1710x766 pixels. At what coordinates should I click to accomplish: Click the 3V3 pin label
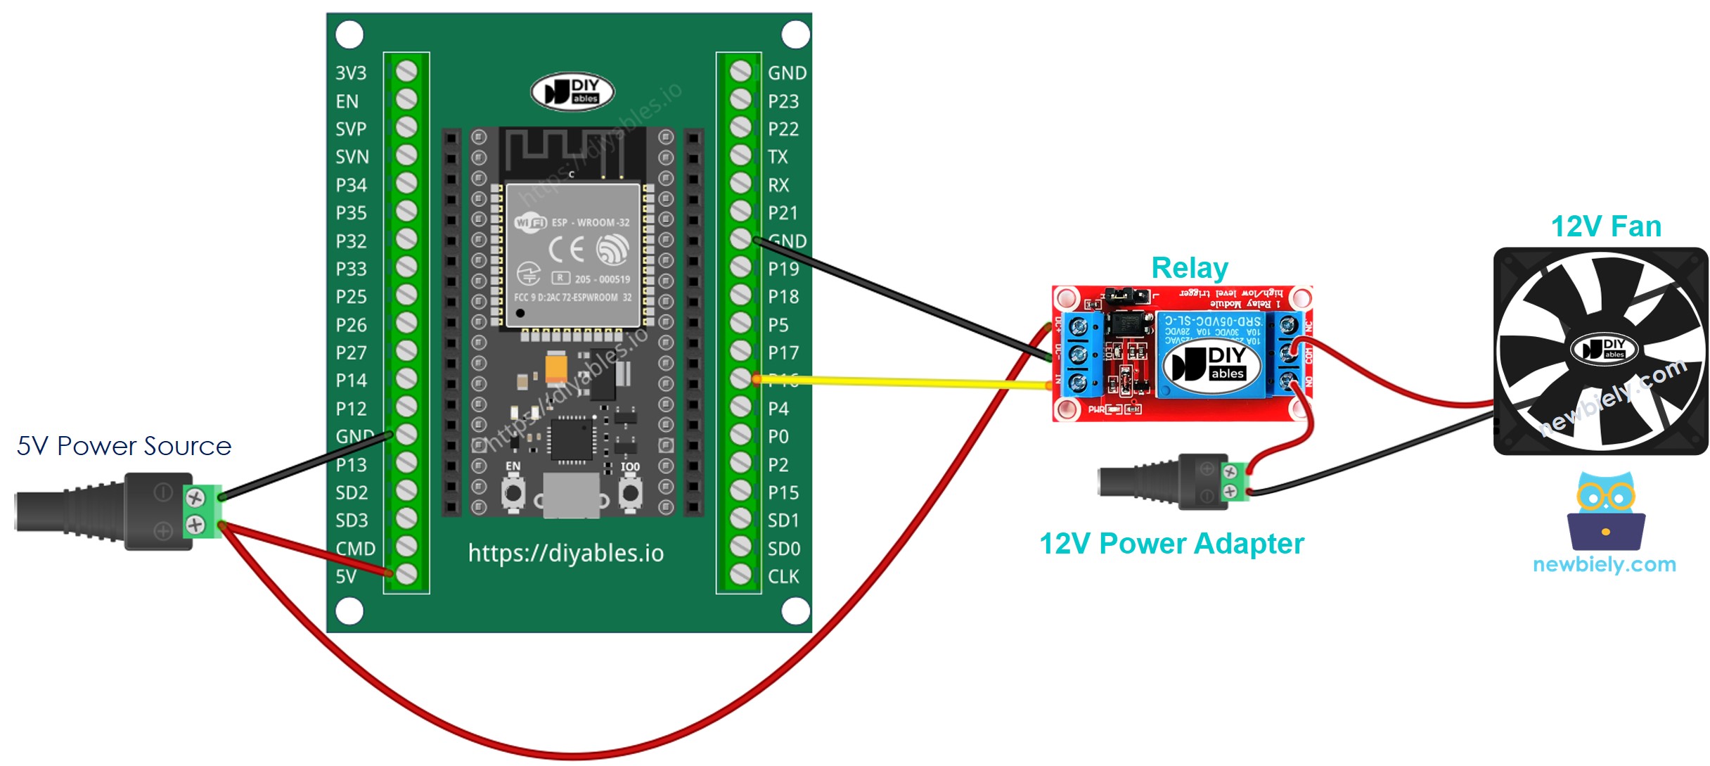tap(351, 73)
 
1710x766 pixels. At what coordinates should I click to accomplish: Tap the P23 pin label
tap(783, 101)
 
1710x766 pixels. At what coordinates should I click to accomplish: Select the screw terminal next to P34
tap(406, 184)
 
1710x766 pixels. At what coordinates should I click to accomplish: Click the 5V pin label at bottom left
tap(346, 577)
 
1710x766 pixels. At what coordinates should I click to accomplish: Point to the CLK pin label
tap(783, 577)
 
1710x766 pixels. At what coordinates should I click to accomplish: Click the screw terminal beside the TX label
tap(740, 155)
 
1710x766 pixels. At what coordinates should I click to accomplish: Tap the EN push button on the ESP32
tap(513, 493)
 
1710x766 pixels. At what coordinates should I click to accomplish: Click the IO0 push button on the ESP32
tap(630, 493)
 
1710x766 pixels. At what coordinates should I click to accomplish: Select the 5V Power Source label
tap(124, 446)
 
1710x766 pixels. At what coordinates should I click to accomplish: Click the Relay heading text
tap(1190, 268)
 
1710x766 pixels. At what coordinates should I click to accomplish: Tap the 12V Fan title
tap(1606, 226)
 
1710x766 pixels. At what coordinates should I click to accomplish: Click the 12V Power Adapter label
tap(1171, 544)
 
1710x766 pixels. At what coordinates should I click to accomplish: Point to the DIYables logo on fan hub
tap(1605, 348)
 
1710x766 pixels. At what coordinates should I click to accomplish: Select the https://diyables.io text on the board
tap(566, 553)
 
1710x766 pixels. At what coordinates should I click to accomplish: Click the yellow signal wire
tap(900, 382)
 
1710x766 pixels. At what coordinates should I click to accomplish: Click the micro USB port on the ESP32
tap(571, 495)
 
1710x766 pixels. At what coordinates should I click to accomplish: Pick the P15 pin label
tap(783, 492)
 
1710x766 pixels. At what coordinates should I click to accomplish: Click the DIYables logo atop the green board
tap(572, 92)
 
